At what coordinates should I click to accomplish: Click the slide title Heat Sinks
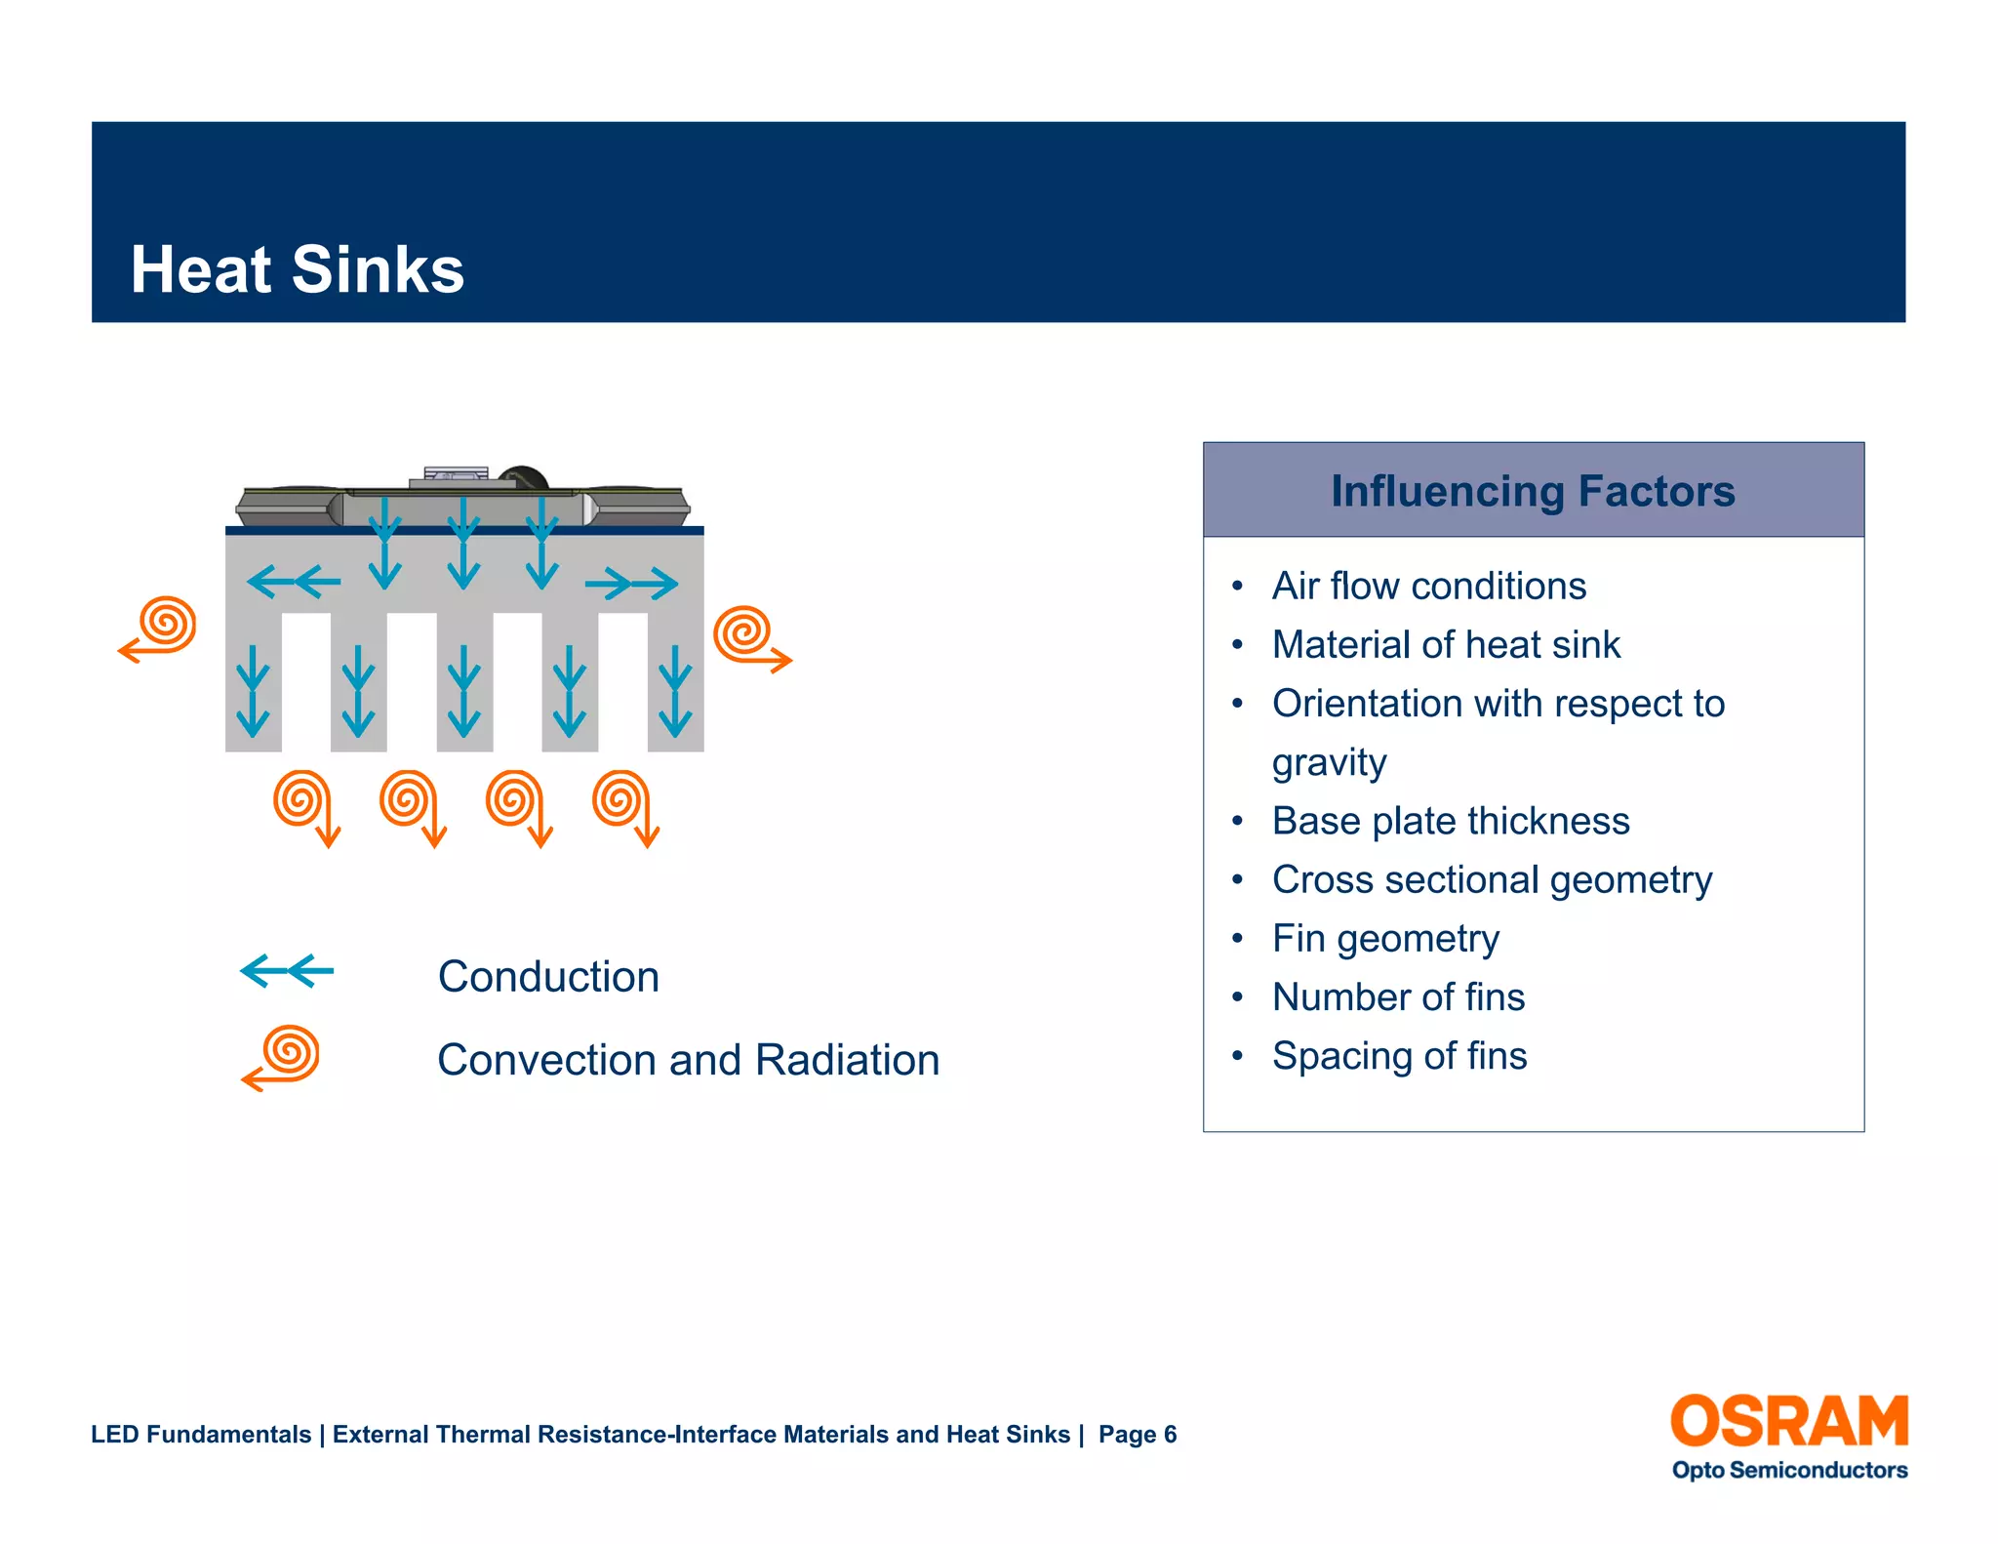(x=298, y=270)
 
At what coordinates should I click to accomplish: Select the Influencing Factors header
(x=1533, y=491)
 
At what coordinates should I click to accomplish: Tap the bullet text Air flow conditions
(x=1428, y=587)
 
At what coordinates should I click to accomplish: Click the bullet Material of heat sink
(x=1446, y=645)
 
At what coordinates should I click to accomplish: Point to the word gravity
(x=1329, y=762)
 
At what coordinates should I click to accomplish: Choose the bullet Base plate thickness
(x=1450, y=821)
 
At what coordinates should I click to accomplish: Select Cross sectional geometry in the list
(x=1492, y=879)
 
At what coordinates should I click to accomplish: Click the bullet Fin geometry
(x=1385, y=938)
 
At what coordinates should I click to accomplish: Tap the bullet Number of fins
(x=1398, y=997)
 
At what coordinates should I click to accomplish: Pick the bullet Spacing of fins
(x=1399, y=1056)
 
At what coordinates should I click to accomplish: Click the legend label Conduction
(x=548, y=977)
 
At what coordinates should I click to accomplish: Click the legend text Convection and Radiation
(x=688, y=1060)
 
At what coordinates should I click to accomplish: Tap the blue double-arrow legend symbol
(x=287, y=971)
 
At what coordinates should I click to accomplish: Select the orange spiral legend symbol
(x=282, y=1057)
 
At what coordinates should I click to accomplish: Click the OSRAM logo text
(x=1788, y=1421)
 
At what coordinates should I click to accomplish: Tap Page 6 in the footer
(x=1137, y=1434)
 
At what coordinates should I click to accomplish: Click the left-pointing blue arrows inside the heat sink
(x=294, y=583)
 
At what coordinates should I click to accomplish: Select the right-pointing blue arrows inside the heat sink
(x=631, y=584)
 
